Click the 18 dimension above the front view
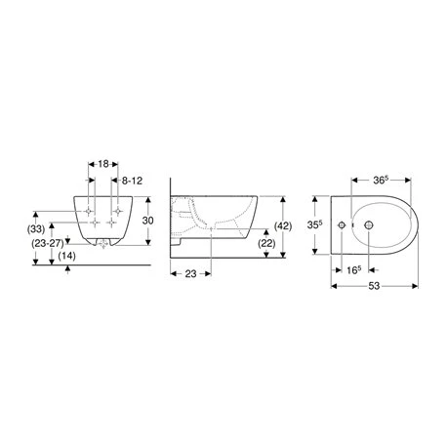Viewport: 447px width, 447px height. point(104,166)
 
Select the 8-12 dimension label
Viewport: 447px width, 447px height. point(135,182)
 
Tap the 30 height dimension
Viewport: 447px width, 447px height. point(149,221)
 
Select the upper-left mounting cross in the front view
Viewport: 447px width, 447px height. point(91,211)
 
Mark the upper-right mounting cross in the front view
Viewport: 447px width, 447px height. point(117,211)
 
